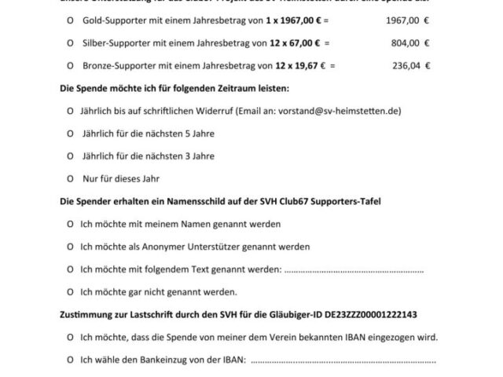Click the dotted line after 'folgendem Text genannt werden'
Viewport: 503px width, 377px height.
(353, 270)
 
